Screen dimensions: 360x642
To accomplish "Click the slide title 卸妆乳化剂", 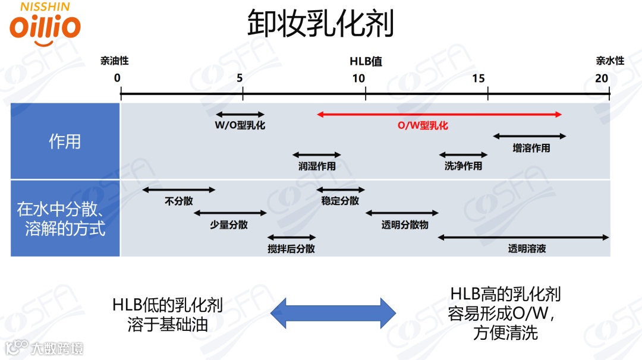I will tap(320, 24).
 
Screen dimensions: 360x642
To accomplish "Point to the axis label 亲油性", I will tap(114, 61).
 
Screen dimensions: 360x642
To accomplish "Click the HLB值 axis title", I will tap(366, 61).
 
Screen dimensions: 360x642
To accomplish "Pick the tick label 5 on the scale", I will tap(240, 78).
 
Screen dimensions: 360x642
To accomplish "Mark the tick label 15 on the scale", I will tap(479, 78).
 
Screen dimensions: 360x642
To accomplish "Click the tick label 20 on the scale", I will tap(602, 78).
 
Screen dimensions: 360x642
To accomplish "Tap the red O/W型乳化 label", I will tap(423, 126).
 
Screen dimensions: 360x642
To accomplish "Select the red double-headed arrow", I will tap(439, 114).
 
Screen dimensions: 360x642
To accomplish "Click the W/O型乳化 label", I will tap(240, 126).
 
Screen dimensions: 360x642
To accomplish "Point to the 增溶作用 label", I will tap(531, 149).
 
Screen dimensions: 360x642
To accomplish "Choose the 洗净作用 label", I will tap(463, 166).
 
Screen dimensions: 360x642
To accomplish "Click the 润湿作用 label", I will tap(317, 166).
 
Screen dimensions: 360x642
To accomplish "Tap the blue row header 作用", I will tap(65, 142).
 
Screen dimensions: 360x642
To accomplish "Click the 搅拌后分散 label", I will tap(291, 249).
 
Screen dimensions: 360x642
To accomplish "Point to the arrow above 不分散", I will tap(179, 190).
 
